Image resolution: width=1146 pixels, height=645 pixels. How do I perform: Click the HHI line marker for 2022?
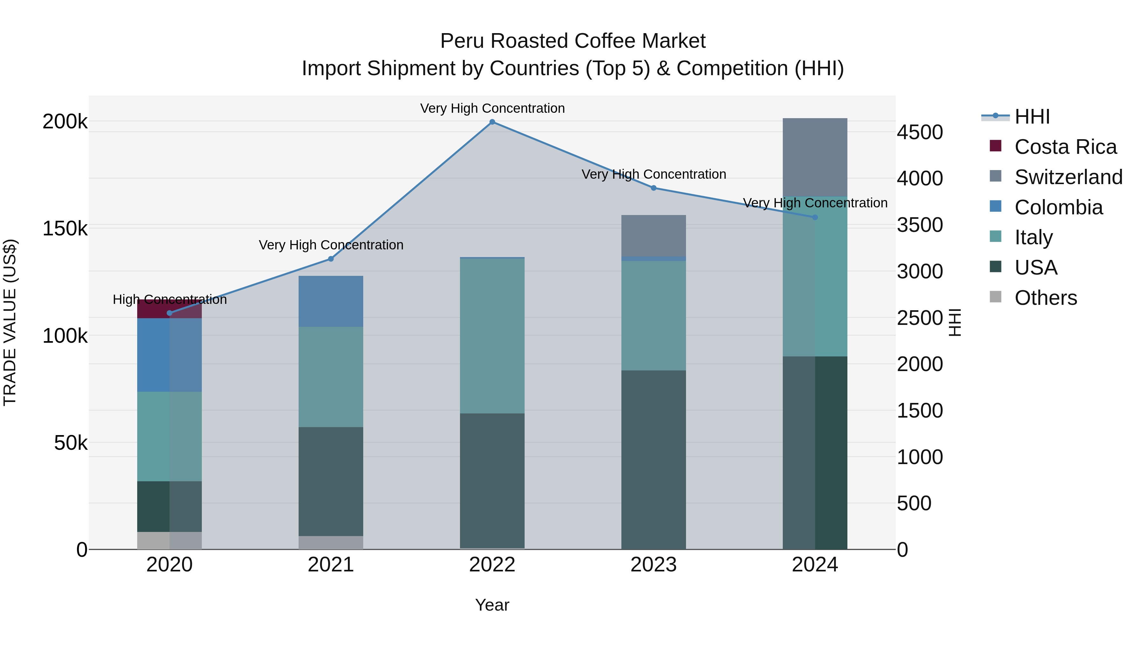tap(492, 122)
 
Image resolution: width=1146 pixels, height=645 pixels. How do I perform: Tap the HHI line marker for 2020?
tap(169, 313)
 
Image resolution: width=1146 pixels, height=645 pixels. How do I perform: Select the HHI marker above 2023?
tap(654, 188)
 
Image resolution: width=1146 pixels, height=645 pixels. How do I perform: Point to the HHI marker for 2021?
tap(330, 259)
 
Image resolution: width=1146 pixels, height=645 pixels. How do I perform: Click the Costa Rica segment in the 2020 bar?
tap(169, 309)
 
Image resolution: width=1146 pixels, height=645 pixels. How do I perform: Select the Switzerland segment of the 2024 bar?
tap(815, 157)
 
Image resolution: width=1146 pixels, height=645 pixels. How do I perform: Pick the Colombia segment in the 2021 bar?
tap(330, 301)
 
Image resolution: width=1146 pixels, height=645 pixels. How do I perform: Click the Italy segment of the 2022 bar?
tap(492, 336)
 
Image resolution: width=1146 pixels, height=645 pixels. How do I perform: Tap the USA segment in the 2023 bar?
tap(654, 459)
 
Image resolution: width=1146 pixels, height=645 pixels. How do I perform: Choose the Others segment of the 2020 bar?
tap(169, 541)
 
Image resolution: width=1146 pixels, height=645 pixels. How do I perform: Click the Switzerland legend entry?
tap(1068, 177)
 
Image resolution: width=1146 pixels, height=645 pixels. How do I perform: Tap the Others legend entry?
tap(1045, 298)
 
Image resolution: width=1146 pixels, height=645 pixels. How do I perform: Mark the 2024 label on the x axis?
tap(815, 565)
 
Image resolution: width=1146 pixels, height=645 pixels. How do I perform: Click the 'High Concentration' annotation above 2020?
tap(169, 300)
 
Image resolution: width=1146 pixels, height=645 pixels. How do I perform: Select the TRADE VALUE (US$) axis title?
tap(10, 322)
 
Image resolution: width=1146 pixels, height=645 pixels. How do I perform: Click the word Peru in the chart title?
tap(461, 41)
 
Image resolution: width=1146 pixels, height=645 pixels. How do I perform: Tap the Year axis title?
tap(492, 605)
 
